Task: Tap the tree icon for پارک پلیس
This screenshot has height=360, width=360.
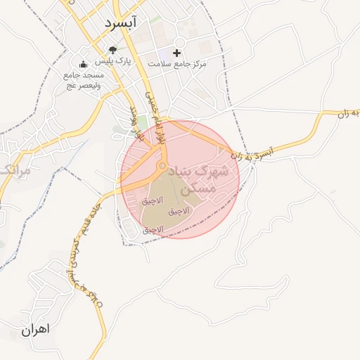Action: point(113,50)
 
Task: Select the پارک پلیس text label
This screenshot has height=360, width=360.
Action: point(113,63)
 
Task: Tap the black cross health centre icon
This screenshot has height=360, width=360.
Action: point(176,53)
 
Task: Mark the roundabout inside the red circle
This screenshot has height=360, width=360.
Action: point(162,166)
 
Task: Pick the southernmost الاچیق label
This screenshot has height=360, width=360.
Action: point(153,229)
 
